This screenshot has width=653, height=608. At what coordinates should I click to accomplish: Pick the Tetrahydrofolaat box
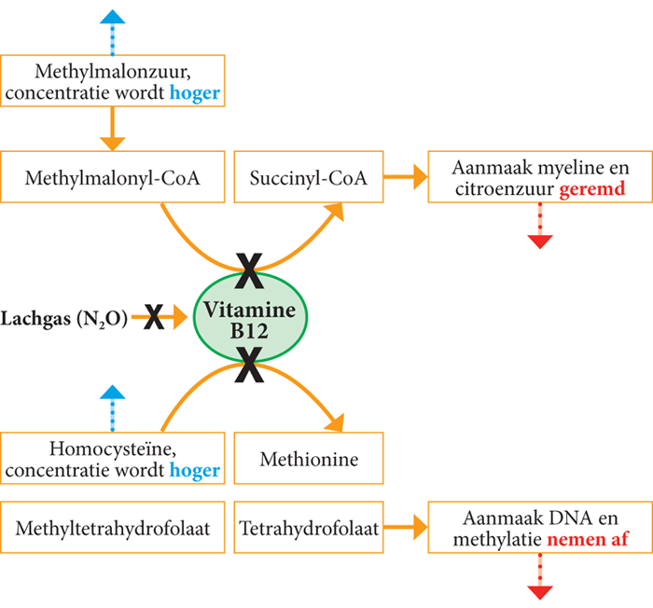click(310, 529)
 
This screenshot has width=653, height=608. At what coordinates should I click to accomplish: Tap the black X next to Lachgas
click(154, 318)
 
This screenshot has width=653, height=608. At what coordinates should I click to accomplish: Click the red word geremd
click(590, 189)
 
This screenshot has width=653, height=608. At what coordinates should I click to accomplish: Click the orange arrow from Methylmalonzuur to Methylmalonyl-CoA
click(113, 128)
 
